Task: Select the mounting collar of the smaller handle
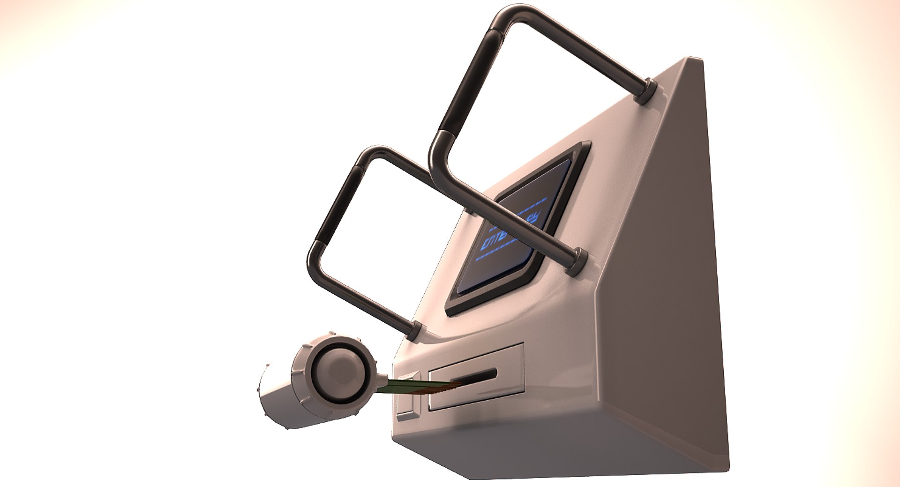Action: (415, 331)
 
